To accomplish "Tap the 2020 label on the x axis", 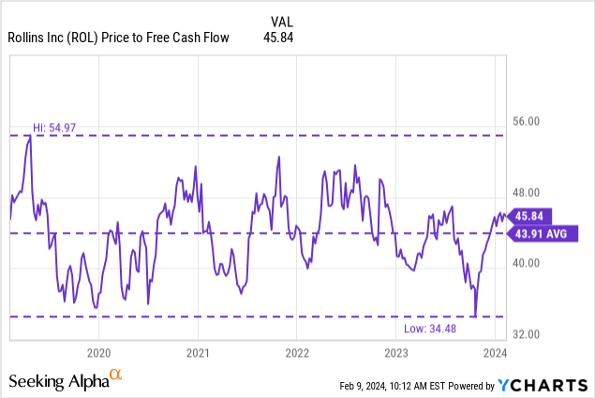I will (x=98, y=353).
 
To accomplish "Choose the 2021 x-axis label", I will (x=198, y=353).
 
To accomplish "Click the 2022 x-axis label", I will (x=297, y=353).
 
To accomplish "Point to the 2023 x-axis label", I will (x=396, y=353).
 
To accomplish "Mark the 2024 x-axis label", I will (x=496, y=353).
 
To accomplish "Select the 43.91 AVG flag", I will (x=541, y=234).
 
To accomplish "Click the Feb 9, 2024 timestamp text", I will (x=397, y=385).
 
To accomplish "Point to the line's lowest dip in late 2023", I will (x=475, y=315).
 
